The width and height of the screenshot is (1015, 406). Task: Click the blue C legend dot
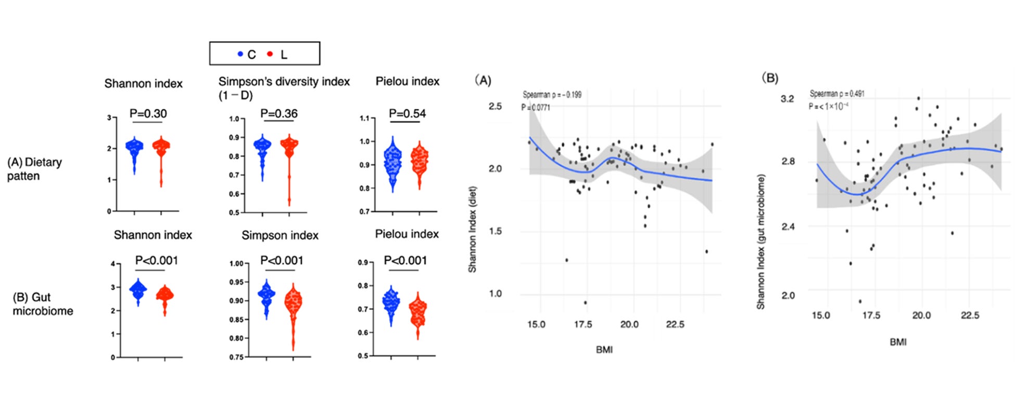(x=240, y=54)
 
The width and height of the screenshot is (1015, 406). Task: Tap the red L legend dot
(x=270, y=54)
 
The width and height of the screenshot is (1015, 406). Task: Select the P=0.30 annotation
(x=148, y=113)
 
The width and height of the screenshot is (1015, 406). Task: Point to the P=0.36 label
(x=279, y=113)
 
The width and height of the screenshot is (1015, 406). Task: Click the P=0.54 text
(x=407, y=113)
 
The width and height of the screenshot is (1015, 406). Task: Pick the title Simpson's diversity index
(x=284, y=82)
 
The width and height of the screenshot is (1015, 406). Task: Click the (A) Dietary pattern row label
(x=34, y=169)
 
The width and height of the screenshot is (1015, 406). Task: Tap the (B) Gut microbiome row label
(x=43, y=304)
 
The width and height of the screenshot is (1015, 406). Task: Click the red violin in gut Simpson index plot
(x=293, y=312)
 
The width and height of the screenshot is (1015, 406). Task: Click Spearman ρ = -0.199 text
(x=552, y=95)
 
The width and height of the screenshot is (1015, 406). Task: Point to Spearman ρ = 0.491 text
(x=837, y=94)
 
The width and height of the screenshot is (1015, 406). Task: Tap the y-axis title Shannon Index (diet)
(x=472, y=229)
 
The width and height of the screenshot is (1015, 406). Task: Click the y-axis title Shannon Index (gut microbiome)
(x=760, y=242)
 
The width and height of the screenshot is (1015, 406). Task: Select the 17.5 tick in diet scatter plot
(x=582, y=324)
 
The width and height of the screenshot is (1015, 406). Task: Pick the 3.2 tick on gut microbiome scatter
(x=787, y=99)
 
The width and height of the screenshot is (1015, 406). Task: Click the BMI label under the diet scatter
(x=604, y=350)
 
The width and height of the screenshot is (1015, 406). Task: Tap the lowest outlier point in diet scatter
(x=585, y=302)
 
